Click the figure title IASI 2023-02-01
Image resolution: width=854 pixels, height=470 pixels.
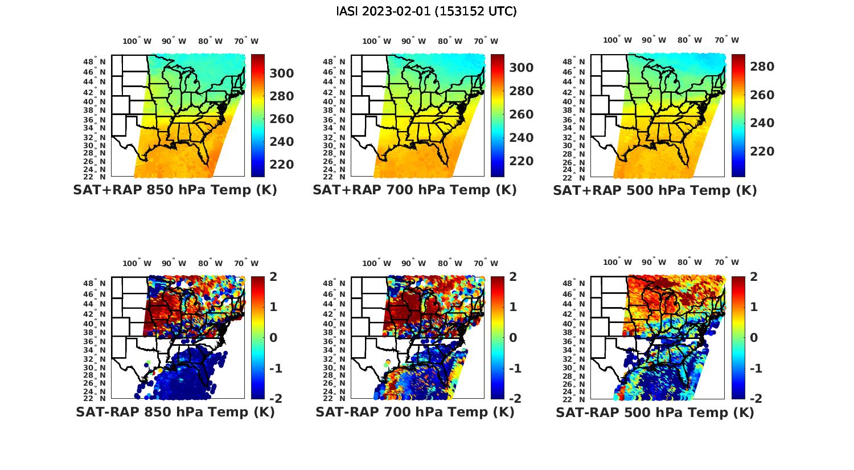(426, 11)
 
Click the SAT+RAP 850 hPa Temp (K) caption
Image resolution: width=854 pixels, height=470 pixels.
(175, 190)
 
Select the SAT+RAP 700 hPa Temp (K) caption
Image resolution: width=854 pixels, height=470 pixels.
(414, 190)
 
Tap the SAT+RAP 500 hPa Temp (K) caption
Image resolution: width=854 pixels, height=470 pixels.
(655, 190)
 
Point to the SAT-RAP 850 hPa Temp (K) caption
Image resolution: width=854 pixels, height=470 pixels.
(175, 412)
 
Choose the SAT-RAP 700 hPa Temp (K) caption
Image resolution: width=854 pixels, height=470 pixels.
(414, 412)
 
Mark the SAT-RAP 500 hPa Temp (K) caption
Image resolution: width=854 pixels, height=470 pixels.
(655, 412)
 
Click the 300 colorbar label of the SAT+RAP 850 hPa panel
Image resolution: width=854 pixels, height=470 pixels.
(281, 73)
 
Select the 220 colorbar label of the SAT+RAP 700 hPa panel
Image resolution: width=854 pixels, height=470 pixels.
(521, 161)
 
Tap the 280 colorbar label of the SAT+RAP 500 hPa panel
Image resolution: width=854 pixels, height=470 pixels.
(762, 67)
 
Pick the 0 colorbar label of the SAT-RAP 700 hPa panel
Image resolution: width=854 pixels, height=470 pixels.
(512, 337)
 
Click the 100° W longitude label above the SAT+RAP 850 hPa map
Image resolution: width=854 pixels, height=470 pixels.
(137, 41)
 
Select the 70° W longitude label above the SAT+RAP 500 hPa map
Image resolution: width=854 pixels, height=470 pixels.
(726, 40)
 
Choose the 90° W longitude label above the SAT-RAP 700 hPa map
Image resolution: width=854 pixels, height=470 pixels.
(413, 263)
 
